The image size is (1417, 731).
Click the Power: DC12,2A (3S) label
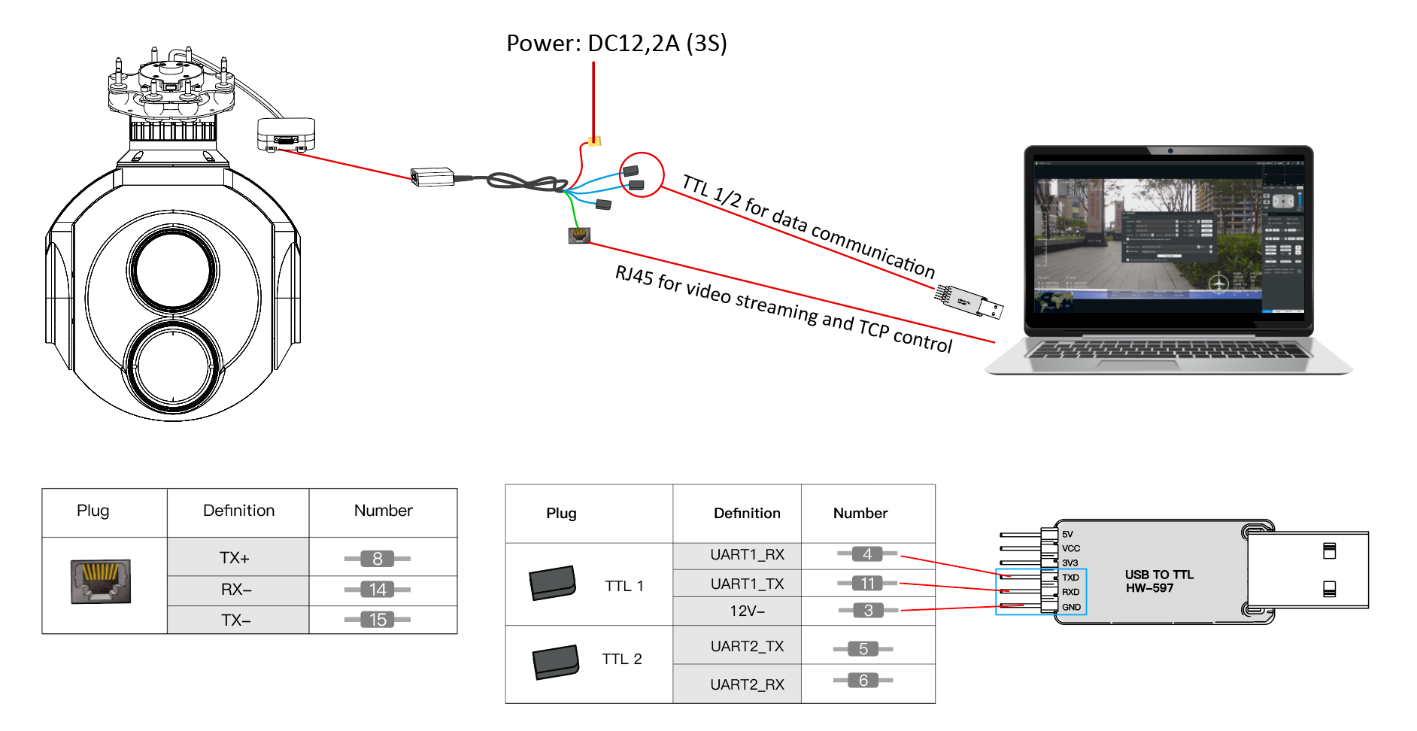pos(617,44)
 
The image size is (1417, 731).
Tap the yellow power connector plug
pos(595,140)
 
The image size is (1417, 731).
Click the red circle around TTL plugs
pos(641,174)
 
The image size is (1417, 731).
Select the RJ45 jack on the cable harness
pos(578,235)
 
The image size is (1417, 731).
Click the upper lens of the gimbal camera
pos(174,269)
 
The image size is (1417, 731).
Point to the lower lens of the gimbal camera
pos(174,367)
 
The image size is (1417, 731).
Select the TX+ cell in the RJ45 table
pos(235,558)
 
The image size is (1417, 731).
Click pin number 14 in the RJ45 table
pos(378,590)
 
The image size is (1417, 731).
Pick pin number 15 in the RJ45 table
pos(378,620)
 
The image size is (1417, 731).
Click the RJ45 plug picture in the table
pos(101,581)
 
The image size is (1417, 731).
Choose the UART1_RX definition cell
pos(747,555)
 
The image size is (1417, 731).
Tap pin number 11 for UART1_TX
pos(867,584)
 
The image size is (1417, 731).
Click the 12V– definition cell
pos(747,611)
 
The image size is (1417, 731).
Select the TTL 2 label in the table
pos(622,660)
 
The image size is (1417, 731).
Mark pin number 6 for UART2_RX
pos(863,681)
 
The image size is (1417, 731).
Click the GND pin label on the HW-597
pos(1071,607)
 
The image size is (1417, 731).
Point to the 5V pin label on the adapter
pos(1067,535)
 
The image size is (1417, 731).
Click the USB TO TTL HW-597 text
pos(1158,581)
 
